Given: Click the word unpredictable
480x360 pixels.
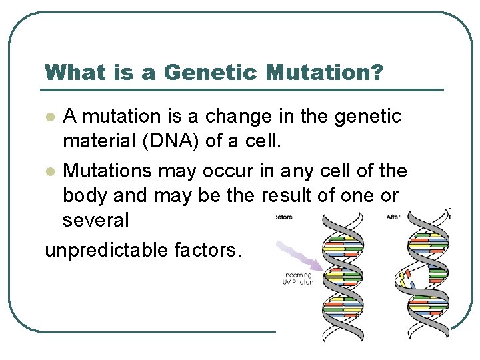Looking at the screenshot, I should tap(107, 250).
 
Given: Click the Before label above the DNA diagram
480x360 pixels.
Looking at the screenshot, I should tap(285, 217).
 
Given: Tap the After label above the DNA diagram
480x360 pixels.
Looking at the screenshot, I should tap(393, 217).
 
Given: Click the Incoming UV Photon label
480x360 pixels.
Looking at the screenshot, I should tap(297, 279).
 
